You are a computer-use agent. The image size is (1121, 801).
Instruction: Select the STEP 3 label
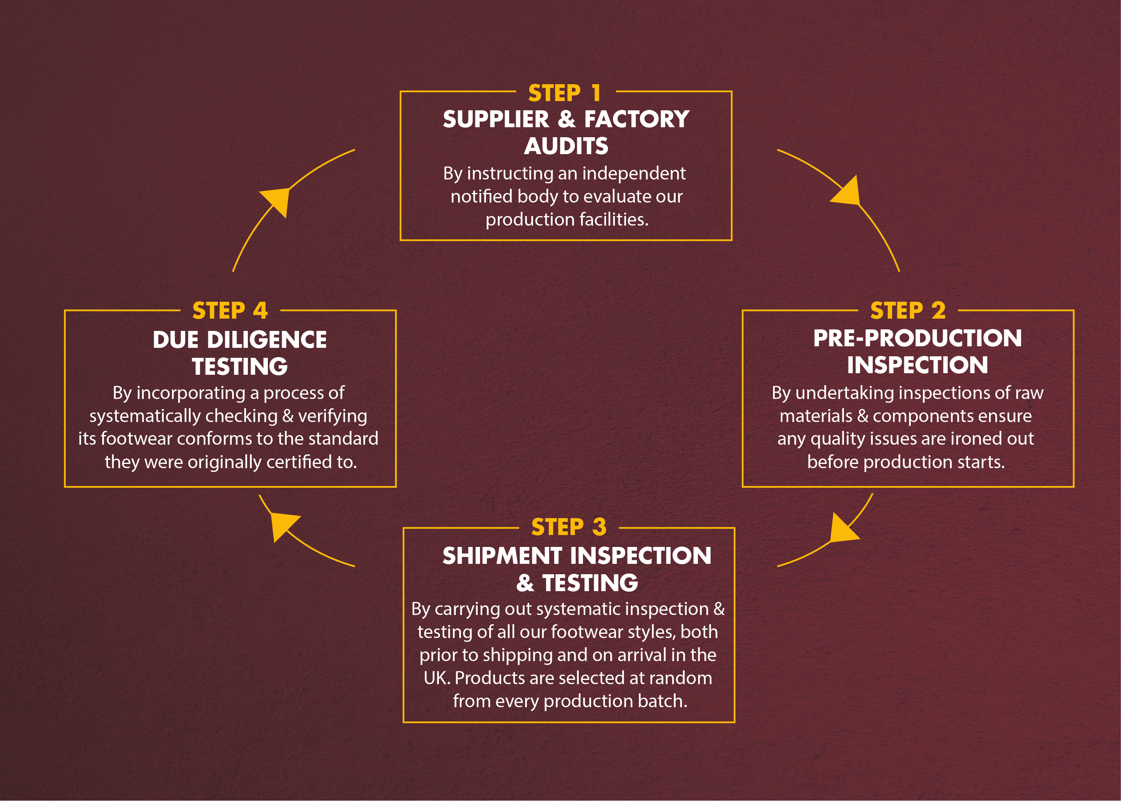coord(569,527)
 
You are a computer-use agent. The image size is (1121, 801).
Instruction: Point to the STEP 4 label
coord(230,311)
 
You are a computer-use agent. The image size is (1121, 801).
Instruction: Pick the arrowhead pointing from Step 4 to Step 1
coord(276,200)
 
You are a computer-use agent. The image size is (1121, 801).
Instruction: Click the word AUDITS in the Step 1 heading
coord(566,146)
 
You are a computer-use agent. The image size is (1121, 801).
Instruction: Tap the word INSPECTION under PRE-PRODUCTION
coord(917,365)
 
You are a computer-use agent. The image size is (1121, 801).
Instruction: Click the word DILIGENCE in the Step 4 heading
coord(267,340)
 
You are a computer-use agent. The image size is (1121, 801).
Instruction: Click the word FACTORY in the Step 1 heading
coord(637,120)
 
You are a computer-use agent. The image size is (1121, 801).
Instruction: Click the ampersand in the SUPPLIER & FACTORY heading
coord(567,120)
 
